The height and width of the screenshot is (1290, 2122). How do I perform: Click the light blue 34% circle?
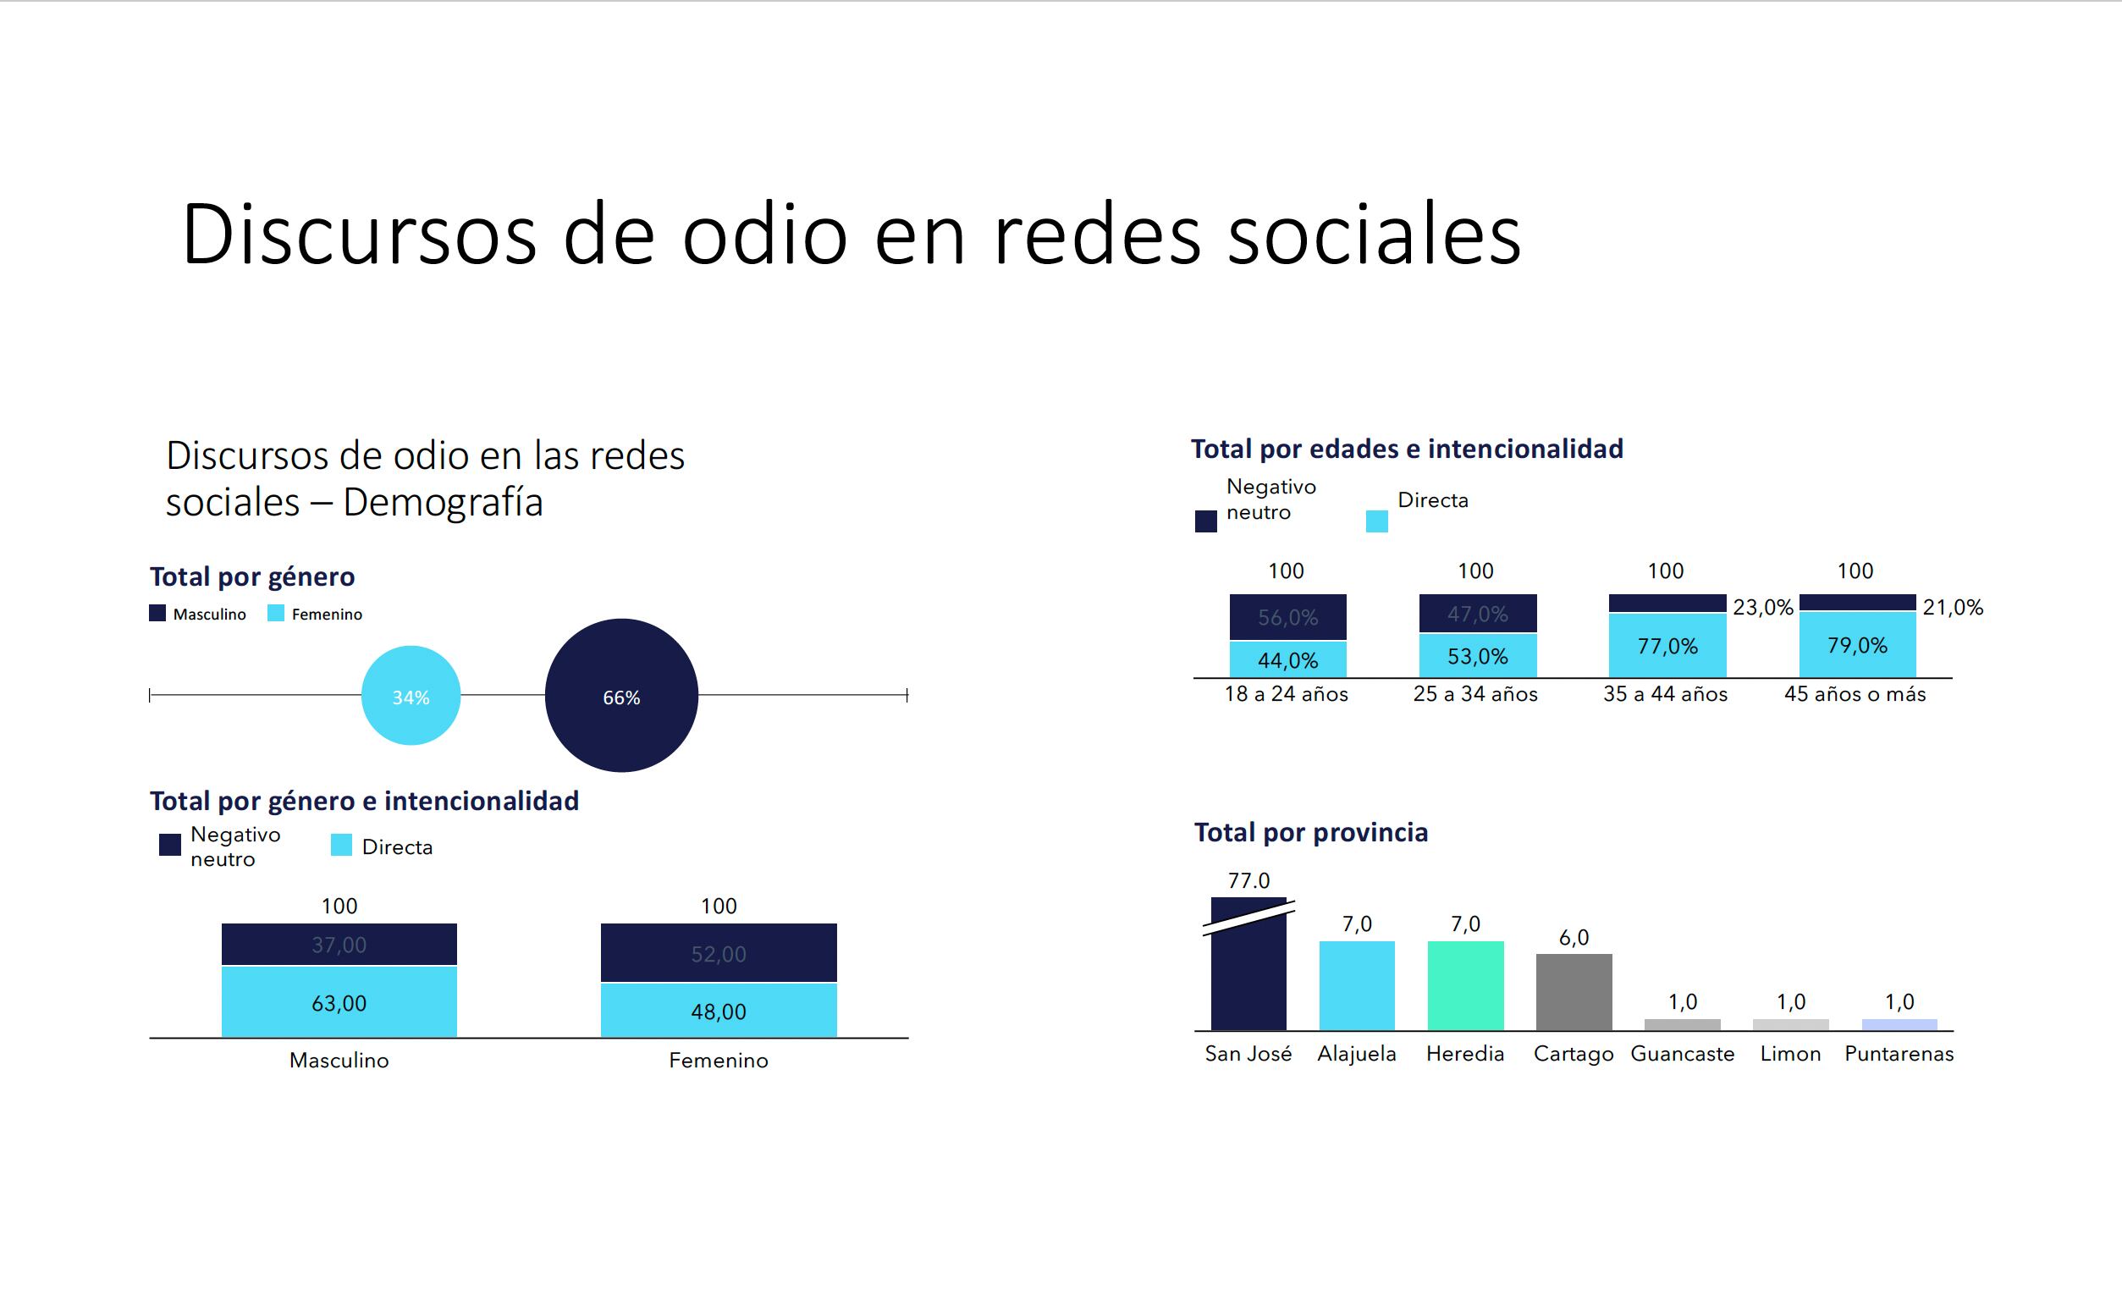click(x=411, y=695)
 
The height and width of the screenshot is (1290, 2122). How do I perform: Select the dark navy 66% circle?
click(x=621, y=695)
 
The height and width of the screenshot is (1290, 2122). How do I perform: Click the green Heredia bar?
click(x=1465, y=985)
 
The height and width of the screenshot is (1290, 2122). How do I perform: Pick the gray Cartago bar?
click(x=1574, y=991)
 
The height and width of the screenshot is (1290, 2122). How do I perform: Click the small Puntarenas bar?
click(x=1899, y=1025)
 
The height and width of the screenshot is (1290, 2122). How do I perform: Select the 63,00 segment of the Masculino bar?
click(x=339, y=1002)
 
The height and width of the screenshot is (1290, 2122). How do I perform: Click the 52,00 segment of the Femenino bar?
click(x=719, y=952)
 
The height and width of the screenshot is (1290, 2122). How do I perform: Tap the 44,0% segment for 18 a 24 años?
click(x=1287, y=659)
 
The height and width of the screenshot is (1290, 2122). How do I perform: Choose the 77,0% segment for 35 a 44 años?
click(x=1667, y=645)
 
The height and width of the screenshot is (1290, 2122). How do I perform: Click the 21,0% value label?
click(x=1953, y=607)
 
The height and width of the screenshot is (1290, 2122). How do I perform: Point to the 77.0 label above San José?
click(x=1248, y=880)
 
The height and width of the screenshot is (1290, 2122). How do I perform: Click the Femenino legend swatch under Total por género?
click(x=276, y=613)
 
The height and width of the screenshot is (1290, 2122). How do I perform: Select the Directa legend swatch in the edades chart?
click(x=1376, y=521)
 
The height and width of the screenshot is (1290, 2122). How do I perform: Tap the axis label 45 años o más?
click(x=1855, y=694)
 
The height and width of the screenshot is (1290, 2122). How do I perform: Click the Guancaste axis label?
click(x=1682, y=1053)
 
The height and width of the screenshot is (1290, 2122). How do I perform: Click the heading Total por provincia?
click(x=1311, y=832)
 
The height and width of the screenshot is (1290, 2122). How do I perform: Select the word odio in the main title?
click(x=764, y=234)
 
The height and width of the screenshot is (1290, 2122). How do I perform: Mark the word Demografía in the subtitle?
click(x=443, y=502)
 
